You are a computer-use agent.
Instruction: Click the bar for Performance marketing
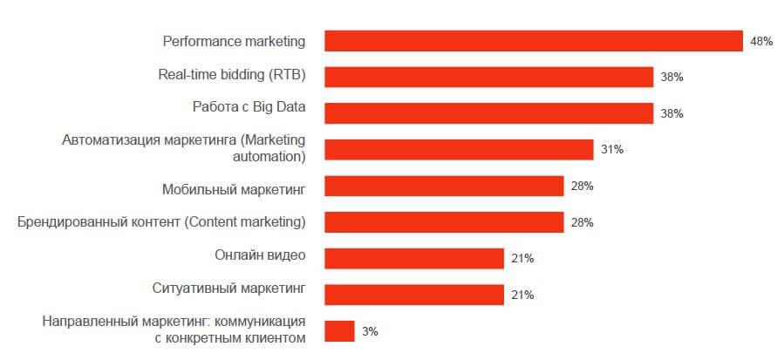(x=533, y=41)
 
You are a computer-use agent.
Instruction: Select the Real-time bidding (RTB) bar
(x=488, y=77)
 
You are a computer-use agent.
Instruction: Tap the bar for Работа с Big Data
(x=488, y=113)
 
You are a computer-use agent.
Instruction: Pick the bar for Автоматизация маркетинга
(x=459, y=150)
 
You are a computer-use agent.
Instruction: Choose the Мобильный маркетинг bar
(x=444, y=186)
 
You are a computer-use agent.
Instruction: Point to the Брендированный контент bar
(x=444, y=222)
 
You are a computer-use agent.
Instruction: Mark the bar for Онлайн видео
(x=414, y=258)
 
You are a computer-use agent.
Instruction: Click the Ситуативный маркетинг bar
(x=414, y=295)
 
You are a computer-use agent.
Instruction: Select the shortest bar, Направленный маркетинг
(x=339, y=331)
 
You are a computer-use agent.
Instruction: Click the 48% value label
(x=761, y=41)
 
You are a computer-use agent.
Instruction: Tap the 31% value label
(x=611, y=150)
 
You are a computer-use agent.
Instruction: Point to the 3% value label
(x=370, y=331)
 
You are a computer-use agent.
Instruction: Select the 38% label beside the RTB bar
(x=672, y=77)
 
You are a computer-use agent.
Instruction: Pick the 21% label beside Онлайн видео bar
(x=522, y=258)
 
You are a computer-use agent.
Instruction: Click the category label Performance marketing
(x=234, y=41)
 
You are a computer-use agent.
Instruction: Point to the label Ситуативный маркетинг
(x=229, y=287)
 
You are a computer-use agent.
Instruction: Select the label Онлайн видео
(x=260, y=255)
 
